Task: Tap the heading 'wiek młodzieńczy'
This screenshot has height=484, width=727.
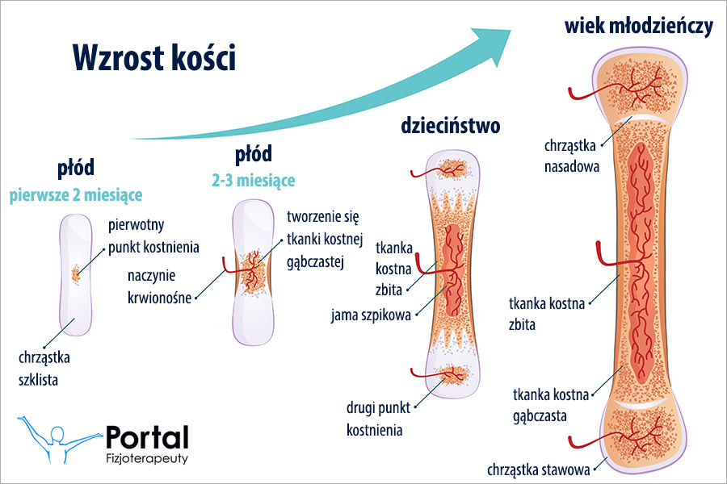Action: tap(638, 27)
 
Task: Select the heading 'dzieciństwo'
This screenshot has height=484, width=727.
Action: tap(451, 126)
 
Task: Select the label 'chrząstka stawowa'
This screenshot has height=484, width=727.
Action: tap(537, 468)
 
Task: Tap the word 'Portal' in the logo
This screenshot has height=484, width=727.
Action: tap(147, 438)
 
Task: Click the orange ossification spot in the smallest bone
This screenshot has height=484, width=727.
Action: tap(76, 274)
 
